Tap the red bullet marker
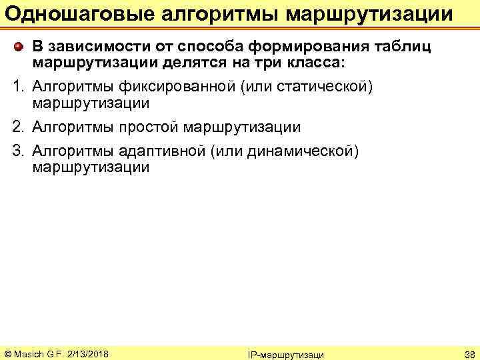19,47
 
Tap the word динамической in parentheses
301,151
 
